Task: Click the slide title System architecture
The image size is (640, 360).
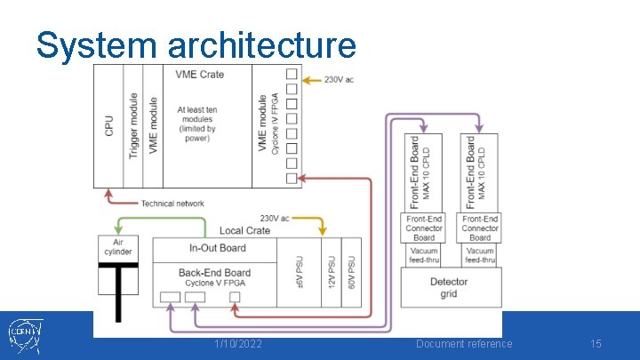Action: coord(196,44)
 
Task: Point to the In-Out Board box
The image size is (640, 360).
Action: coord(218,249)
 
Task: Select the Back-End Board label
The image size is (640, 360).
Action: coord(214,272)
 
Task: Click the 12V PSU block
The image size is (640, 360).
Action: coord(331,272)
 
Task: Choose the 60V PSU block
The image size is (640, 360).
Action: coord(351,272)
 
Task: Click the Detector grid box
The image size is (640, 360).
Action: coord(449,287)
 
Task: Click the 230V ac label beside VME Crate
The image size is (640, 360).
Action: coord(339,80)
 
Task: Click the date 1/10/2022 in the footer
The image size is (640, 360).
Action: coord(238,344)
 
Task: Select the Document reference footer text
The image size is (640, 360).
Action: coord(464,344)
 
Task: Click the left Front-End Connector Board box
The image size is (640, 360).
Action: coord(424,228)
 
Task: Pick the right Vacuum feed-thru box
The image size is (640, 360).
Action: coord(479,255)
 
